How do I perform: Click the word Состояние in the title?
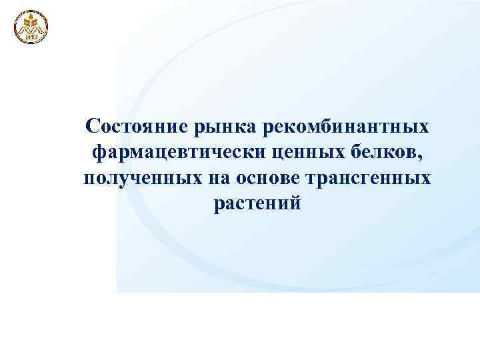[137, 127]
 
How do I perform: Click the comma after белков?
[421, 159]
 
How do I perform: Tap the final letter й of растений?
[296, 203]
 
